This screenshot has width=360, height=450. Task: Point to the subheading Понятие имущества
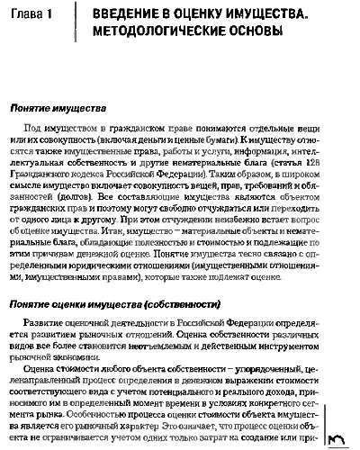(x=62, y=107)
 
